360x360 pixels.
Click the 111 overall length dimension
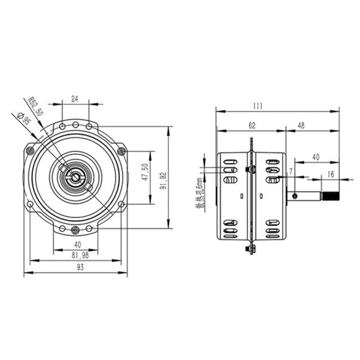click(x=257, y=106)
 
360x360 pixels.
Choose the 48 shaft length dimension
click(x=301, y=126)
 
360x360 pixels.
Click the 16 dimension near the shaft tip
click(x=331, y=174)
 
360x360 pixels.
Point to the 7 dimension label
click(x=291, y=171)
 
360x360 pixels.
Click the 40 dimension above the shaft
click(x=315, y=157)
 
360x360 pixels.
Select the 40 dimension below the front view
click(x=77, y=245)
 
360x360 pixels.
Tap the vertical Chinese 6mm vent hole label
click(x=198, y=193)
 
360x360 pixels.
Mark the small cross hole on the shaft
click(x=294, y=196)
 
